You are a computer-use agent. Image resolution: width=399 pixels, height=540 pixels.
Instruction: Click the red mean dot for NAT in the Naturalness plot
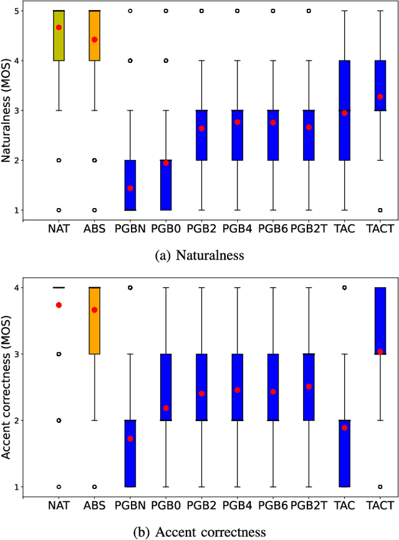coord(59,27)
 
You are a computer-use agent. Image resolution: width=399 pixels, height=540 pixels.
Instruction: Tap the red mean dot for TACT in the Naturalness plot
coord(380,97)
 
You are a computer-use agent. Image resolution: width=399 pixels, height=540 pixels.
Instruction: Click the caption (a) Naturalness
coord(199,254)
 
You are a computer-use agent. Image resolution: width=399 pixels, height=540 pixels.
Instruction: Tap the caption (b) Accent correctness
coord(199,531)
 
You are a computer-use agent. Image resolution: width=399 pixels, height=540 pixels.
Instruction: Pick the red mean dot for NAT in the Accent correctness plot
coord(59,305)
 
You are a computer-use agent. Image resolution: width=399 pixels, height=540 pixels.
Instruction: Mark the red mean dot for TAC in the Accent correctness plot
coord(344,428)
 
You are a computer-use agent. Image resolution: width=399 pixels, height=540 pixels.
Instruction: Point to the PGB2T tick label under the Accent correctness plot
coord(308,504)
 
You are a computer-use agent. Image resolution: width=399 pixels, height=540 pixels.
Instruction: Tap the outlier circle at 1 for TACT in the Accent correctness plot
coord(380,486)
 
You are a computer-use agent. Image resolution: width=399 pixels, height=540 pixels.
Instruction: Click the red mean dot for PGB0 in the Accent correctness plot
coord(166,408)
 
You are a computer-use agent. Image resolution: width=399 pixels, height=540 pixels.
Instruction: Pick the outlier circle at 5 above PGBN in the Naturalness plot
coord(130,11)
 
